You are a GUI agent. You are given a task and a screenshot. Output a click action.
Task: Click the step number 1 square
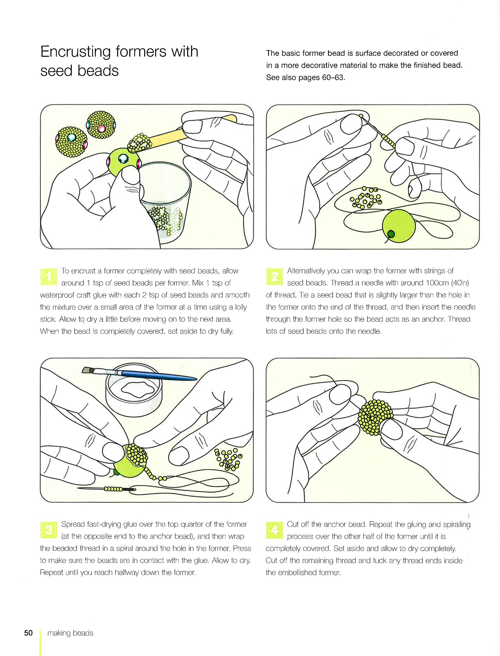pos(49,276)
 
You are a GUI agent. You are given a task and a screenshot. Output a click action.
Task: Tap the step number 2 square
pos(274,276)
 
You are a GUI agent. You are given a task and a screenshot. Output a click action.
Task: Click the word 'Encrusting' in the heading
pos(76,52)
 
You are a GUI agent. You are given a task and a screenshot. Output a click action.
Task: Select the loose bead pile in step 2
pos(366,198)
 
